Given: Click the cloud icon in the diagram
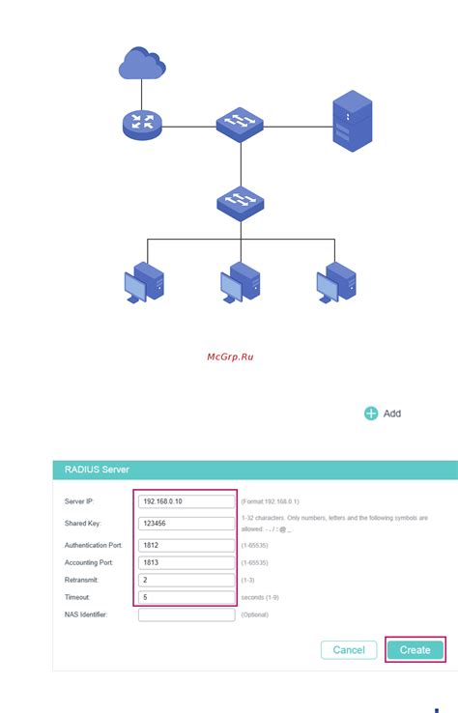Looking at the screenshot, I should [x=142, y=64].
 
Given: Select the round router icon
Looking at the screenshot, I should [x=142, y=123].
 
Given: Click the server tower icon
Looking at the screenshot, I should [x=353, y=121].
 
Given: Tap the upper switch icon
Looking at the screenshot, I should [x=239, y=123].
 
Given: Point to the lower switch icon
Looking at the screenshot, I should [x=239, y=201].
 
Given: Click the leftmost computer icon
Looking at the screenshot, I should [x=145, y=282].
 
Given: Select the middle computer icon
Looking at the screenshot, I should [x=240, y=282].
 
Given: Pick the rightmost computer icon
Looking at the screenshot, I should [x=335, y=282].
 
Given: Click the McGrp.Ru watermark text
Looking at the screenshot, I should [x=231, y=356].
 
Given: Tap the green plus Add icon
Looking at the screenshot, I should [x=371, y=414].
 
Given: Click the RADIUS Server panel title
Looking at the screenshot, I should [x=97, y=470].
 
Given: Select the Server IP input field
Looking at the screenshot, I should [x=186, y=501].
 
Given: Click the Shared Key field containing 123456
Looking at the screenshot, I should [x=186, y=524].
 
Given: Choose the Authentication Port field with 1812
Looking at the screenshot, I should [x=186, y=546].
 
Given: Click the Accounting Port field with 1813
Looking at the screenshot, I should [x=186, y=563].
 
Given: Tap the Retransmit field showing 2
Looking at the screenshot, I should [x=186, y=581].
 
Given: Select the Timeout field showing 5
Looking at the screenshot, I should [x=186, y=597].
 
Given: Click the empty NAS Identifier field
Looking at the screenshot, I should [x=186, y=614].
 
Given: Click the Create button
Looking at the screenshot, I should [x=415, y=650].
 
